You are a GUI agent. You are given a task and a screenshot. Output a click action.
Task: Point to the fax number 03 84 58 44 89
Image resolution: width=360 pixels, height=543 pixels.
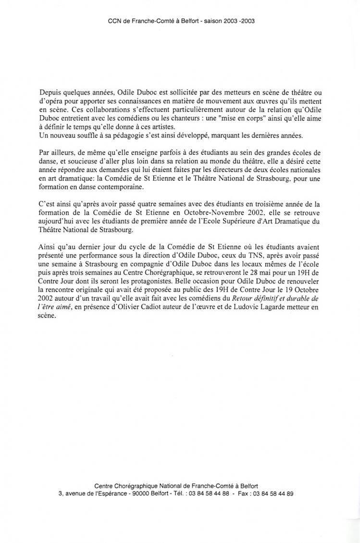tap(273, 494)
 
